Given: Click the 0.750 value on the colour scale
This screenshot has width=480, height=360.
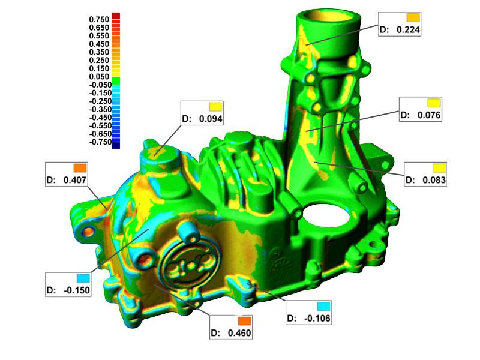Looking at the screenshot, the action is [99, 19].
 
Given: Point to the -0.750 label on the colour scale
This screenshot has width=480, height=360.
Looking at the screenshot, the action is [100, 142].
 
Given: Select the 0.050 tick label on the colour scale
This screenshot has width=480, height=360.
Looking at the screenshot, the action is [99, 77].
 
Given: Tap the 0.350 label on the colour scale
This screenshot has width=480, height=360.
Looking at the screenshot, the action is [99, 52].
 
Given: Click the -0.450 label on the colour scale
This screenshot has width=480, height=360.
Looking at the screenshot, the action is [100, 118].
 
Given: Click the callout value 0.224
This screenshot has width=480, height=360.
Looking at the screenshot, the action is [408, 29].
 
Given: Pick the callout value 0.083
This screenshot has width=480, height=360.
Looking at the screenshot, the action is [434, 179].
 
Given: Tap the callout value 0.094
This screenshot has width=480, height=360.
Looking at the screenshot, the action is [211, 118].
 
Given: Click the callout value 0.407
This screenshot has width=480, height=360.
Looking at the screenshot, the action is [75, 180].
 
